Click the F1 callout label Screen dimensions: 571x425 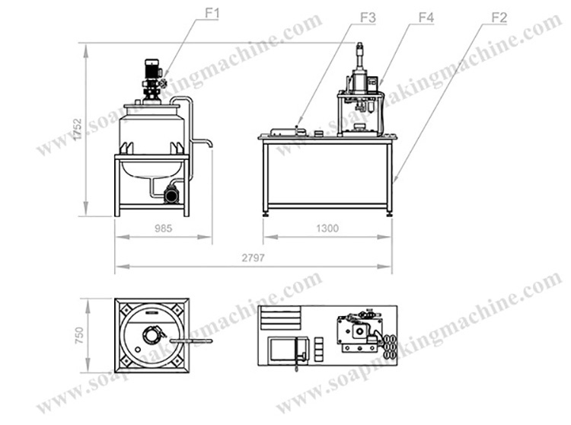click(212, 14)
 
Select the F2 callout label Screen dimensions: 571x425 click(499, 18)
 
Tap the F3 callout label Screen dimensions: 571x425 click(368, 18)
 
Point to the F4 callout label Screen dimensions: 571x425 click(426, 18)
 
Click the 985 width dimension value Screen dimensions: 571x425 click(163, 228)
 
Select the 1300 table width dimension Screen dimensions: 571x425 click(327, 228)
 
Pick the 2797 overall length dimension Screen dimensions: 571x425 click(253, 258)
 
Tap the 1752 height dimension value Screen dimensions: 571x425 click(77, 129)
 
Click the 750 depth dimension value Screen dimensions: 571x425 click(79, 335)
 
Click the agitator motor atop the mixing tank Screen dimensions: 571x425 click(152, 69)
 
